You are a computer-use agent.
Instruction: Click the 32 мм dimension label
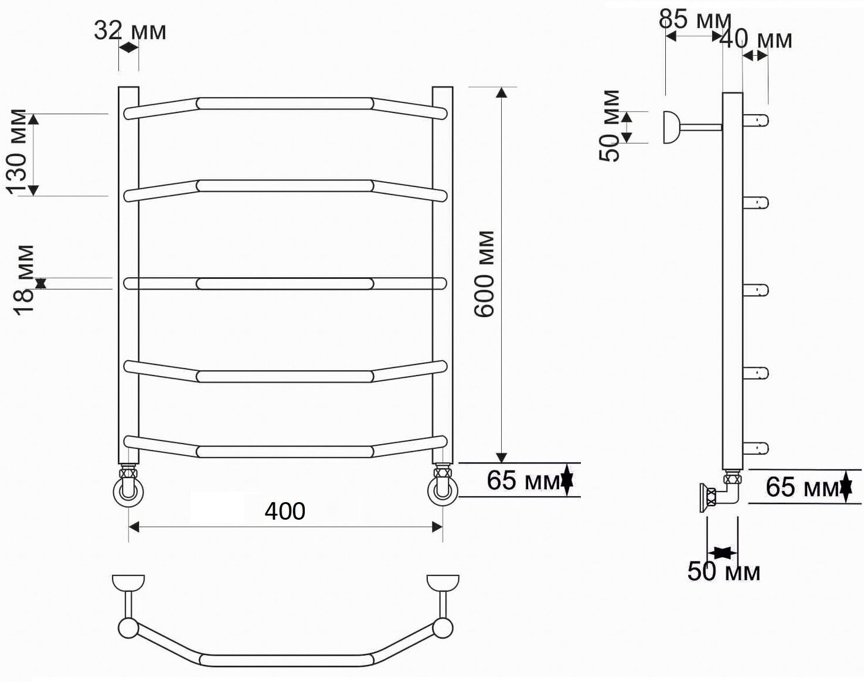click(x=130, y=31)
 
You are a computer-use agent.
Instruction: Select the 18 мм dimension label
click(x=23, y=280)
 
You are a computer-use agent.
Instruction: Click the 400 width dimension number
click(x=285, y=511)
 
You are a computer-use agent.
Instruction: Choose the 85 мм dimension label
click(x=695, y=19)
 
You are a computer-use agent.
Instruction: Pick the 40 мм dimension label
click(x=756, y=39)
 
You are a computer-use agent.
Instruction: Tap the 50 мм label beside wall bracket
click(x=608, y=126)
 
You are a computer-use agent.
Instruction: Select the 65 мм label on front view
click(x=523, y=480)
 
